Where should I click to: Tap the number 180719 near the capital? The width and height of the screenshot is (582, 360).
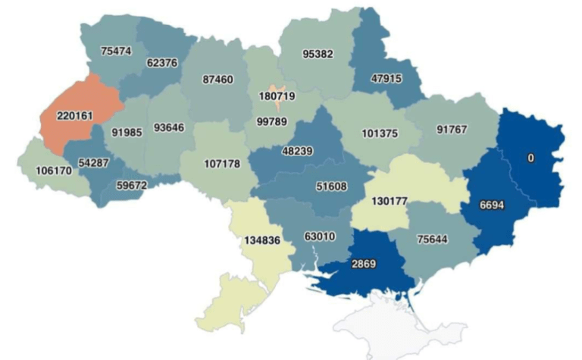click(276, 97)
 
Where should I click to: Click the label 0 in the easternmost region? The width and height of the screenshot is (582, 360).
click(531, 158)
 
